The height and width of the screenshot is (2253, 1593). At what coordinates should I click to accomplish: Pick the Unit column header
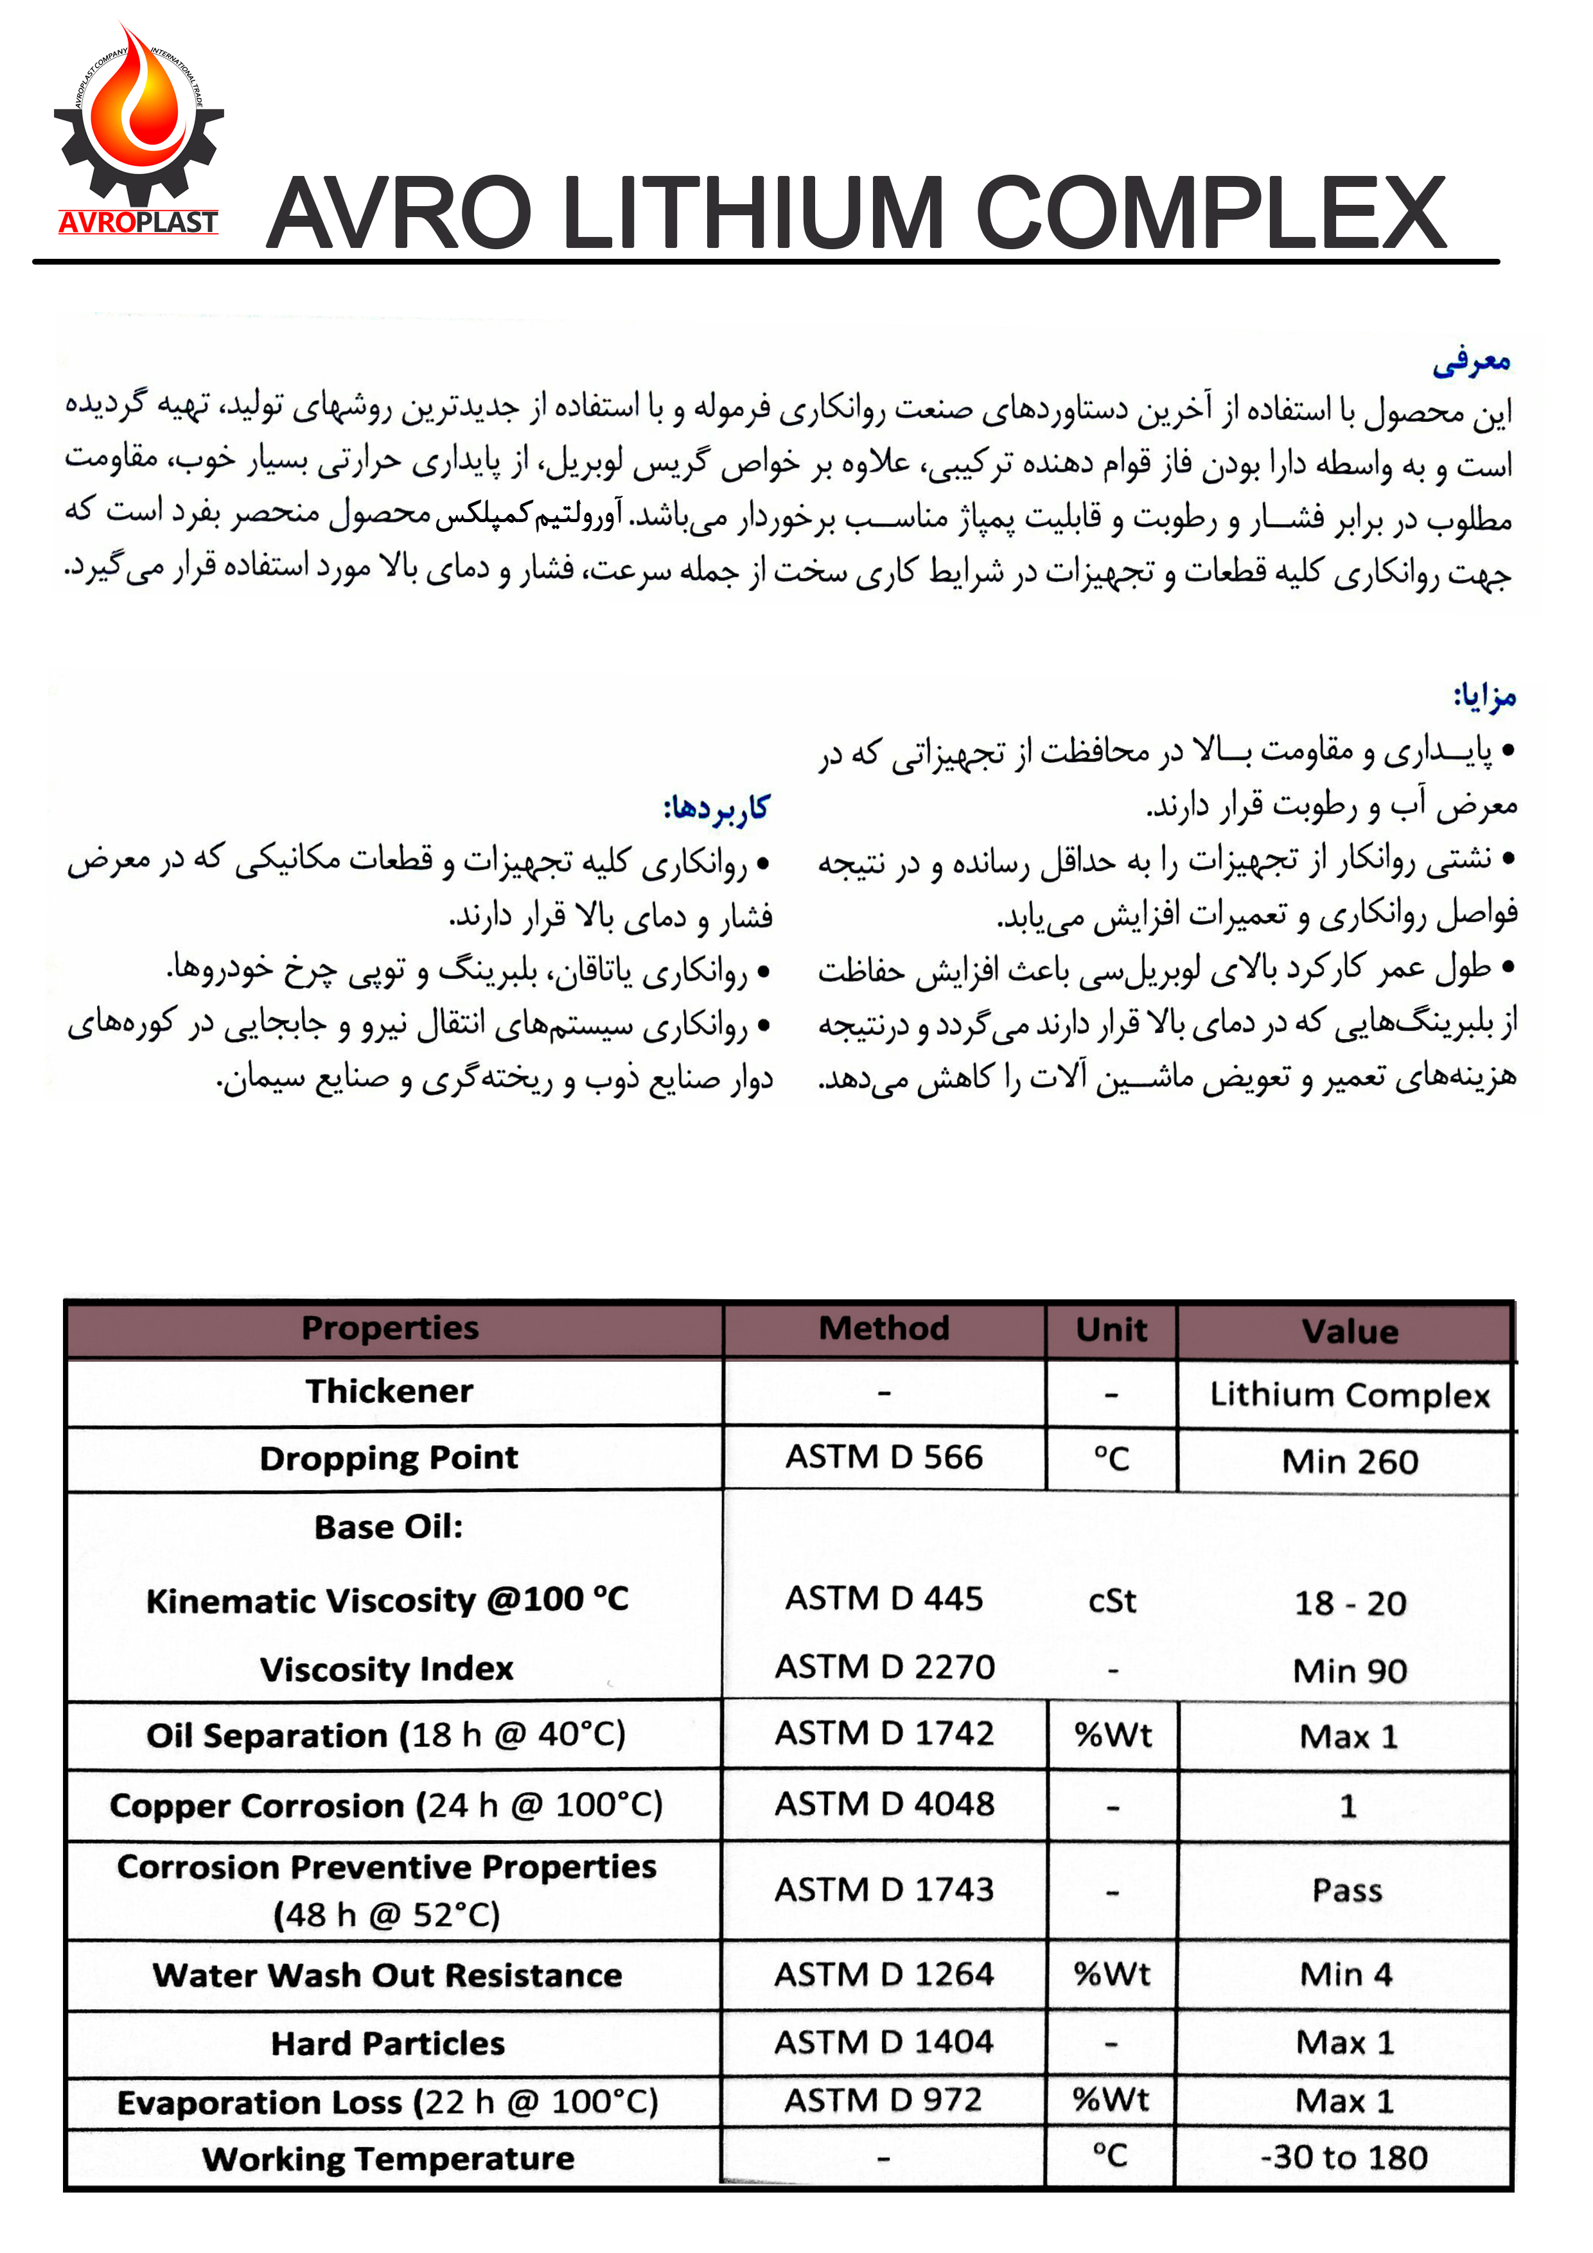pyautogui.click(x=1111, y=1329)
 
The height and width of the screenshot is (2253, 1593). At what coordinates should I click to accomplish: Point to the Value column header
pyautogui.click(x=1350, y=1331)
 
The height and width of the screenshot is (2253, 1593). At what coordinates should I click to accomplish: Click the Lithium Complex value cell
pyautogui.click(x=1350, y=1394)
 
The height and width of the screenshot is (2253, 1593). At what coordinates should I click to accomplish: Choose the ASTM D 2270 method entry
pyautogui.click(x=885, y=1667)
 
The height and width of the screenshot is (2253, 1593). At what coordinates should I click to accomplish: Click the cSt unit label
pyautogui.click(x=1112, y=1601)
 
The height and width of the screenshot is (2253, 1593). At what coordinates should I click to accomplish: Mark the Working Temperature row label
pyautogui.click(x=388, y=2158)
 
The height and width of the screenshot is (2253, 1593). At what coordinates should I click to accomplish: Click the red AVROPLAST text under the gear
pyautogui.click(x=137, y=223)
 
